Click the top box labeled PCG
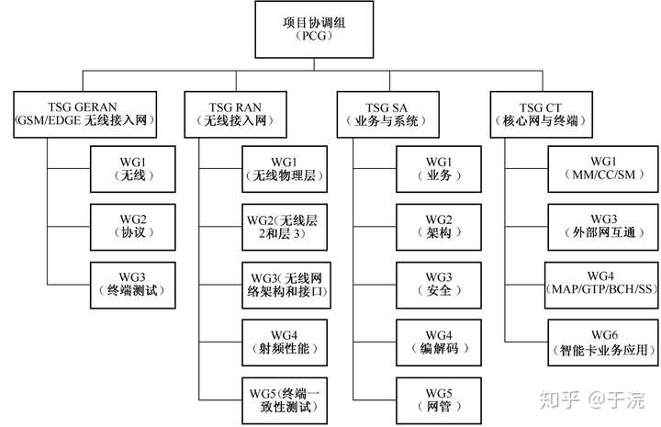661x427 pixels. click(314, 29)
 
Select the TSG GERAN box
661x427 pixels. click(85, 114)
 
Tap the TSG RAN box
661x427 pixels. click(236, 114)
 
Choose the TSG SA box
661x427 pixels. click(388, 114)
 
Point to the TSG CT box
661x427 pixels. click(542, 114)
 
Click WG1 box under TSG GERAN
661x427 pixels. click(133, 169)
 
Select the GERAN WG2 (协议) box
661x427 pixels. click(133, 227)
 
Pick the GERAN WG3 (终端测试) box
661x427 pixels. click(133, 286)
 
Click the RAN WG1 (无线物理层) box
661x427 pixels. click(285, 169)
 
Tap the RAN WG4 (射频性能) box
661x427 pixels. click(285, 343)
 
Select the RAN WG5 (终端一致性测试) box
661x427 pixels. click(285, 401)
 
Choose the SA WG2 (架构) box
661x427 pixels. click(439, 227)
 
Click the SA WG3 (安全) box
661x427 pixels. click(439, 286)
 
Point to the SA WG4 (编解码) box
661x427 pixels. click(439, 343)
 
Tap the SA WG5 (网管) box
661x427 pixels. click(439, 401)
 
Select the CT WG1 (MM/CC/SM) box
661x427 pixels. click(603, 169)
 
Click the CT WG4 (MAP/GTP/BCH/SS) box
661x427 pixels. click(601, 286)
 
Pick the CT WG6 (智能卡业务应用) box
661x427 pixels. click(603, 343)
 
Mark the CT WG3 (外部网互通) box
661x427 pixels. click(603, 227)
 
